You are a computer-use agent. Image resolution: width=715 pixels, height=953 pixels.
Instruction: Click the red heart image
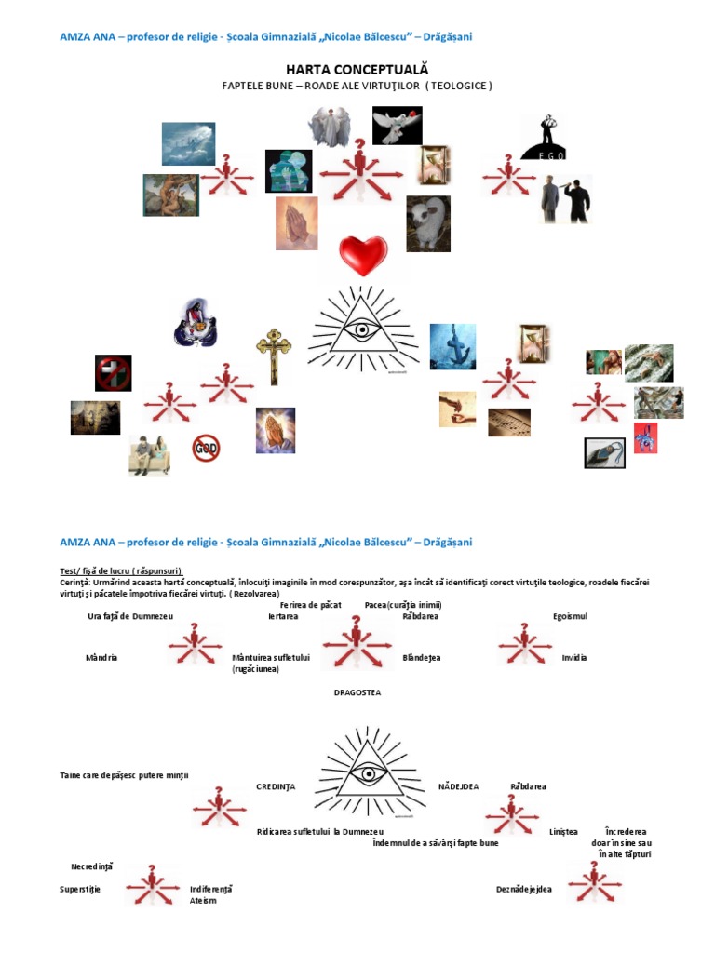point(362,252)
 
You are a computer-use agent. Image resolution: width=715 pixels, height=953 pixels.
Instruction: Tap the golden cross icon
point(272,356)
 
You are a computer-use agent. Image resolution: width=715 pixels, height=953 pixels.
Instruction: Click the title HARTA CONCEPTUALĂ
point(357,70)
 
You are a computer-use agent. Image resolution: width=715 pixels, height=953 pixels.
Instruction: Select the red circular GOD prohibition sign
point(206,448)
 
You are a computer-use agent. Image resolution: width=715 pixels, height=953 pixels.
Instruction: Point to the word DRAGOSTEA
point(357,692)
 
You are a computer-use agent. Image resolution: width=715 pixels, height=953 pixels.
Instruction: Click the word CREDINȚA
point(276,786)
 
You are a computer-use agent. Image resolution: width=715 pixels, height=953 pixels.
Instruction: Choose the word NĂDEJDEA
point(458,786)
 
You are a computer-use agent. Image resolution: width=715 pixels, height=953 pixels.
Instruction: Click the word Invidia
point(574,657)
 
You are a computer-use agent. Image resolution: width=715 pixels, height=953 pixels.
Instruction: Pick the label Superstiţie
point(80,889)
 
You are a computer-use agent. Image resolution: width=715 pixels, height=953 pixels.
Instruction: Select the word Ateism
point(203,900)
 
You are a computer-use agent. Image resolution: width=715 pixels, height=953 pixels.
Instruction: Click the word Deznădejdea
point(523,889)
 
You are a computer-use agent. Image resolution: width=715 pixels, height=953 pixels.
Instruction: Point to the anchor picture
point(452,346)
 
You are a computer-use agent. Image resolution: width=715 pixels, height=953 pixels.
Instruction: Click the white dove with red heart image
point(397,126)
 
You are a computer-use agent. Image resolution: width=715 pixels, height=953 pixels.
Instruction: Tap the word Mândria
point(101,657)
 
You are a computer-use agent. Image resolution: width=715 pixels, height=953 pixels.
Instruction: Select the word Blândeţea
point(421,657)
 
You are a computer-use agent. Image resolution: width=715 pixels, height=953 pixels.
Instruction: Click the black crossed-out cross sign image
point(113,373)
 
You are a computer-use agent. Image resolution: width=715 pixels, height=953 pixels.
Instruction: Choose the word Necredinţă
point(91,866)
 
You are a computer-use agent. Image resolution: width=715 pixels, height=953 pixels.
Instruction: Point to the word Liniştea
point(563,832)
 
